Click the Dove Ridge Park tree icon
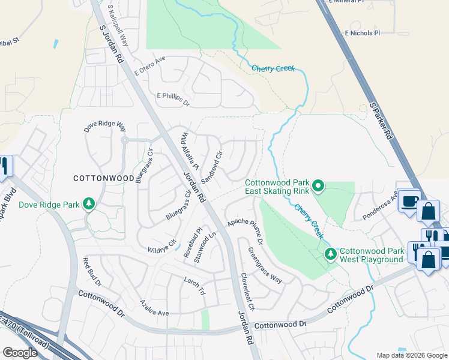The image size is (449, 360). pyautogui.click(x=89, y=204)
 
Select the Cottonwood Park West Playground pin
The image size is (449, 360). pyautogui.click(x=330, y=254)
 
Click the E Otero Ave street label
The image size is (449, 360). pyautogui.click(x=149, y=67)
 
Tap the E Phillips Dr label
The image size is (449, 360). pyautogui.click(x=173, y=99)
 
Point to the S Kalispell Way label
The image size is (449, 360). pyautogui.click(x=118, y=25)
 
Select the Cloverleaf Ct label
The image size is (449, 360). pyautogui.click(x=247, y=290)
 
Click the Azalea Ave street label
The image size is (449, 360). pyautogui.click(x=154, y=308)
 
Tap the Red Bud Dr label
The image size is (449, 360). pyautogui.click(x=94, y=271)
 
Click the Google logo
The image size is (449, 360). pyautogui.click(x=20, y=353)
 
